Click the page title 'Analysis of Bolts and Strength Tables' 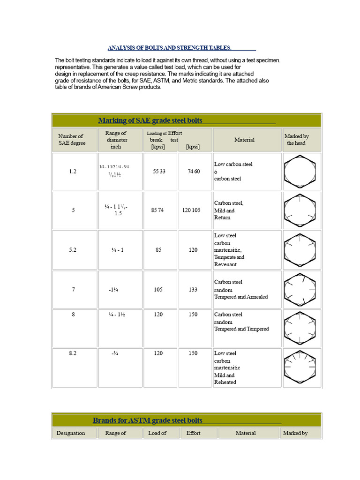[169, 48]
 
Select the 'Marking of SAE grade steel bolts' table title [150, 120]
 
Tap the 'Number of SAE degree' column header [71, 140]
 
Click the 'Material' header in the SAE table [244, 140]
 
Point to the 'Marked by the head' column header [296, 140]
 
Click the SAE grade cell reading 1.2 [73, 172]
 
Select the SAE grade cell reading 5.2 [73, 250]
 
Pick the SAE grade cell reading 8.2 [73, 353]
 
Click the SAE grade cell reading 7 [73, 290]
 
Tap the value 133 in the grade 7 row [193, 290]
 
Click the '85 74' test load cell [157, 210]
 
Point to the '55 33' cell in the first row [159, 172]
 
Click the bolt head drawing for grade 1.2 [300, 172]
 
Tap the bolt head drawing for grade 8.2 [300, 367]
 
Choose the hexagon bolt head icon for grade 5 [300, 210]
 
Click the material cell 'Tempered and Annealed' [241, 297]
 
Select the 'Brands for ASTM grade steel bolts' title [147, 420]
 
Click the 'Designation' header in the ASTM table [71, 433]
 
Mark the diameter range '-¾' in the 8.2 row [115, 353]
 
